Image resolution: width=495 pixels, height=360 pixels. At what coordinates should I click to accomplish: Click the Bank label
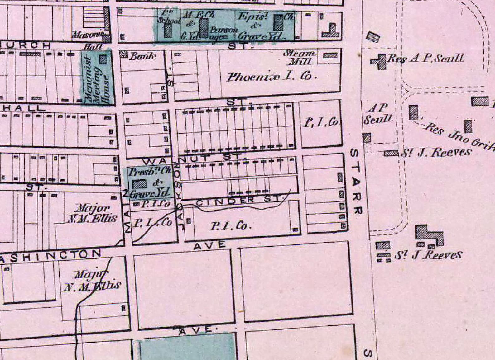coord(142,56)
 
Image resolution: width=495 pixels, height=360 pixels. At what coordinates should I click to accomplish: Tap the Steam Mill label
coord(299,57)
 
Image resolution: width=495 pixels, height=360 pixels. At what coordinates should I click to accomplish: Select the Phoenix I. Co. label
coord(272,77)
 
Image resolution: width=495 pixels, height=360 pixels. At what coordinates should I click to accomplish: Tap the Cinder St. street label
coord(238,200)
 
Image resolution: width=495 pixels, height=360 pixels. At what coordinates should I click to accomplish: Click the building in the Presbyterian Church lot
coord(139,184)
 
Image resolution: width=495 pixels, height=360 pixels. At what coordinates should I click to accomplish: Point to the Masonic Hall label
coord(89,39)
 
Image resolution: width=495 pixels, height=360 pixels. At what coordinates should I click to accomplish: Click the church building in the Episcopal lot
coord(278,22)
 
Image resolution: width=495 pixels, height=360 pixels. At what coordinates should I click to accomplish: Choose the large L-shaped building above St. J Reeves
coord(429,235)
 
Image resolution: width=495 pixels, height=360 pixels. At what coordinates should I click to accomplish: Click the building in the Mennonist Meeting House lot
coord(103,58)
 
